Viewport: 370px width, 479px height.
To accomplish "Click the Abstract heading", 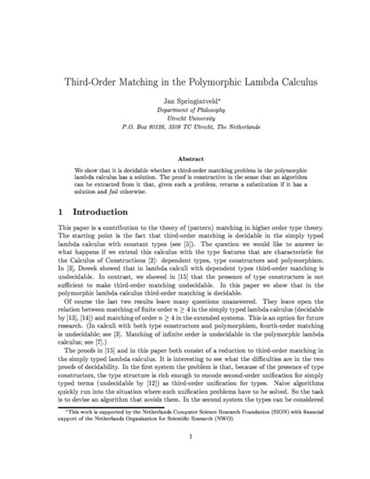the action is (185, 157).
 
